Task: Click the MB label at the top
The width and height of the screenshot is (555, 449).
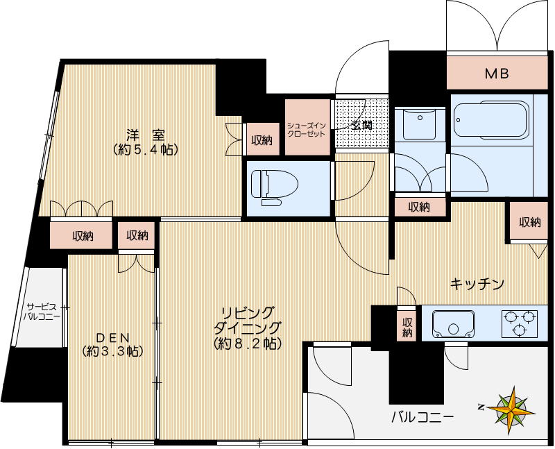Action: point(497,72)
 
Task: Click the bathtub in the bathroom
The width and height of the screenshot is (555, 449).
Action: point(489,124)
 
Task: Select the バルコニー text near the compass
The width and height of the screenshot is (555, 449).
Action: point(422,417)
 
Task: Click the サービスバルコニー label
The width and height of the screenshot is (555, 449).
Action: point(43,311)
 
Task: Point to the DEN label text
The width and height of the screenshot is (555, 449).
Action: point(112,337)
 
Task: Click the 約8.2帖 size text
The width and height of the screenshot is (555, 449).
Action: point(247,344)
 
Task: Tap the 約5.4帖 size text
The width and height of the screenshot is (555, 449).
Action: point(144,149)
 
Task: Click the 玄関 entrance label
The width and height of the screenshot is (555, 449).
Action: point(361,126)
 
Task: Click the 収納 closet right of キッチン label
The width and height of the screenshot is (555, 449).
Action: point(529,222)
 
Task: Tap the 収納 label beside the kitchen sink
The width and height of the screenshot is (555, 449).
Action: point(407,327)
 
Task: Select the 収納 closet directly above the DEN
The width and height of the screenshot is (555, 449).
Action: point(137,235)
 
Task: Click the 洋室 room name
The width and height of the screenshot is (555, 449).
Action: point(144,134)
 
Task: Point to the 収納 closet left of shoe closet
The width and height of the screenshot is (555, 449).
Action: point(262,140)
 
